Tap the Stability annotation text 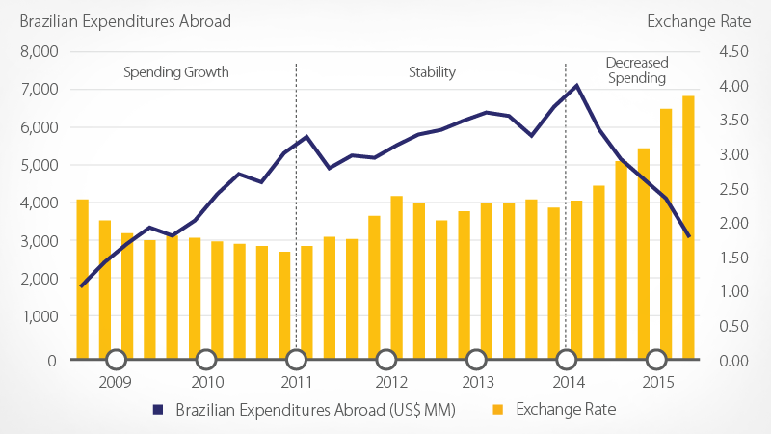tap(431, 72)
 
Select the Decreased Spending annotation tap(636, 70)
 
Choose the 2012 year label tap(387, 382)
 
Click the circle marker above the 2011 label tap(296, 360)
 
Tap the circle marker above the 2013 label tap(476, 360)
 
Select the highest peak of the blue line tap(576, 85)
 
